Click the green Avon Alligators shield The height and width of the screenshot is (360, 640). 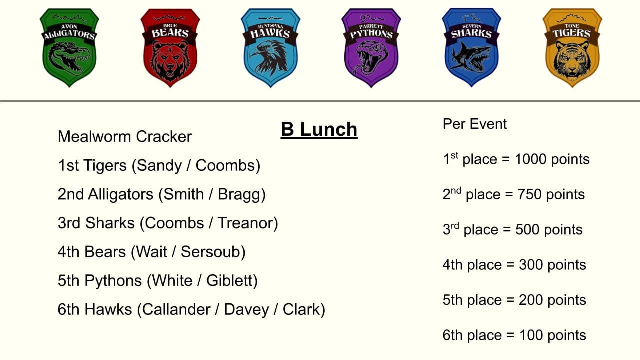[x=69, y=47]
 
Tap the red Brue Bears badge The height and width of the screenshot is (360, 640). [x=170, y=47]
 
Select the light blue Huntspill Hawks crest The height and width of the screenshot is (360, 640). [x=271, y=47]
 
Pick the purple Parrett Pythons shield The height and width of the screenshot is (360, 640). [x=371, y=47]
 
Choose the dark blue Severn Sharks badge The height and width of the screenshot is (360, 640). [x=471, y=47]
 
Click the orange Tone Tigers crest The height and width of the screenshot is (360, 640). [x=572, y=47]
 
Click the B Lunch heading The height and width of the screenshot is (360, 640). [x=319, y=130]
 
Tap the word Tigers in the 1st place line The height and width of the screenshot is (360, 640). [x=105, y=166]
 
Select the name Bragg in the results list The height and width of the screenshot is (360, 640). [x=241, y=195]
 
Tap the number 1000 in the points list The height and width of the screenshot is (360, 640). [x=531, y=159]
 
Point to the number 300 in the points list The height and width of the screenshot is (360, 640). [x=531, y=265]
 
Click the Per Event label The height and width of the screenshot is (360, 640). [x=475, y=124]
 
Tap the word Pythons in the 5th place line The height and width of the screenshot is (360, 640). [x=113, y=281]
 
